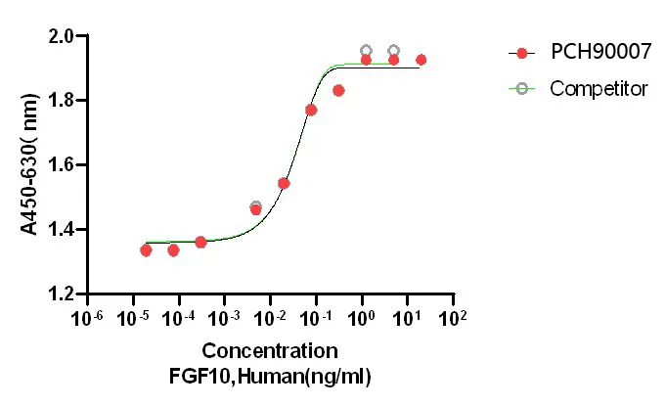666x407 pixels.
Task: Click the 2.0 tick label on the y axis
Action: coord(61,36)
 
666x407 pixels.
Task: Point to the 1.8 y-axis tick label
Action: coord(61,101)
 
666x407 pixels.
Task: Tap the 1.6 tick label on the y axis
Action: coord(61,165)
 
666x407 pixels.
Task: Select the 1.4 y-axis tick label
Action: coord(61,230)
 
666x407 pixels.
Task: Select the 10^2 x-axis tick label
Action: coord(453,319)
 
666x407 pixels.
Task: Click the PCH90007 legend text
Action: coord(595,52)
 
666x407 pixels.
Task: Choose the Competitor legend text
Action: coord(599,89)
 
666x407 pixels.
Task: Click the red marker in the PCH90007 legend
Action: coord(522,52)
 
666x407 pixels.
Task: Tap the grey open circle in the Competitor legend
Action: coord(522,89)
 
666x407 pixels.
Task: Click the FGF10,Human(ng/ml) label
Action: coord(271,375)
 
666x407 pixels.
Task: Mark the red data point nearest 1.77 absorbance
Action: coord(311,110)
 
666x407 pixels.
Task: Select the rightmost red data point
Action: coord(421,60)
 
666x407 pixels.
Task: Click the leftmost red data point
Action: coord(146,250)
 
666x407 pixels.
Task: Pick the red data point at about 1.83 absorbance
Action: coord(338,90)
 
